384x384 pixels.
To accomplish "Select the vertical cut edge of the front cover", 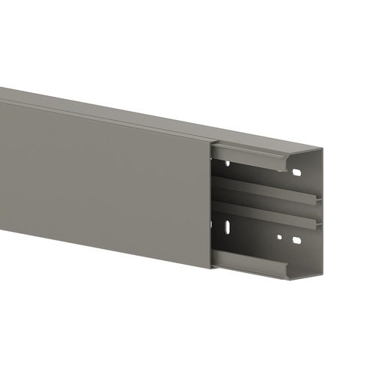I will pyautogui.click(x=210, y=202).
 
